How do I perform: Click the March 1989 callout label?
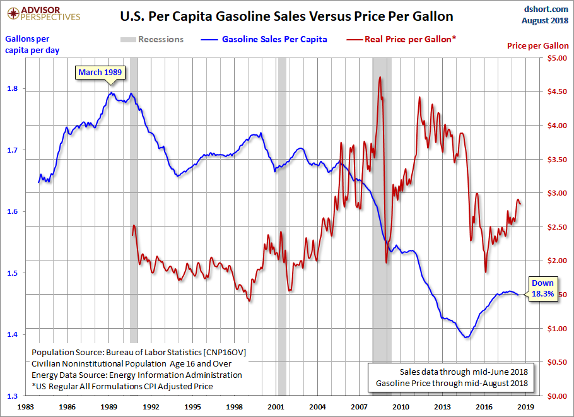[x=100, y=72]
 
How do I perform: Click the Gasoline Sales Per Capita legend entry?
[x=274, y=39]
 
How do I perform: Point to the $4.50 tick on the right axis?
[x=554, y=92]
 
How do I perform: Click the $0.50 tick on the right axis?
[x=554, y=362]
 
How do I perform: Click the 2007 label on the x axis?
[x=360, y=408]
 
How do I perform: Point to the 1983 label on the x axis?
[x=26, y=408]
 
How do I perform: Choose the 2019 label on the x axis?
[x=526, y=408]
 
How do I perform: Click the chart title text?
[x=286, y=15]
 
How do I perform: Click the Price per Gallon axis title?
[x=537, y=46]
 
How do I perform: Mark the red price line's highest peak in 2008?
[x=380, y=77]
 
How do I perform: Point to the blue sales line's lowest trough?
[x=467, y=338]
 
